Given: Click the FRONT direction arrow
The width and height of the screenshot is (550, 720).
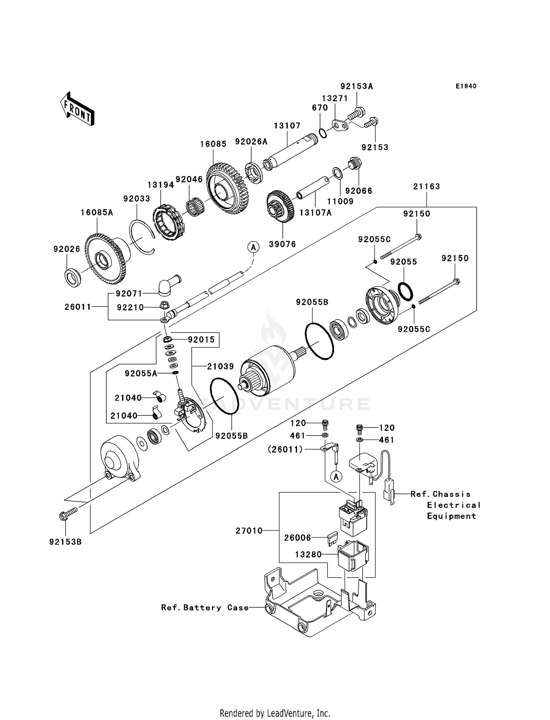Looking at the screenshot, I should pos(77,109).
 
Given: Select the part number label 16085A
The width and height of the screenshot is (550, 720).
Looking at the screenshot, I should pos(97,212).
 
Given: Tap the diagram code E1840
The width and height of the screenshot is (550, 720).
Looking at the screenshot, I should pos(466,86).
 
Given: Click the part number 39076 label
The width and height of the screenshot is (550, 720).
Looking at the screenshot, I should pos(282,244).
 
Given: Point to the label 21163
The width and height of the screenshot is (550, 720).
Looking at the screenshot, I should pos(426,186).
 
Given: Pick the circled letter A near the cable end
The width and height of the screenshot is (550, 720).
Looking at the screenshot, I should pos(253,247).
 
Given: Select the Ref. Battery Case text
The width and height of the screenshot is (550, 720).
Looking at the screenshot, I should pos(205,608).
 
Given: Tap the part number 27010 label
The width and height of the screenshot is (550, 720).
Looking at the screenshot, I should pos(249,531).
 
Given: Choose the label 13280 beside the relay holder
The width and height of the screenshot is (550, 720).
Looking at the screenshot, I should pos(308,554).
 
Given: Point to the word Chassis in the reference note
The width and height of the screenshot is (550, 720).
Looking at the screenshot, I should pos(451,494).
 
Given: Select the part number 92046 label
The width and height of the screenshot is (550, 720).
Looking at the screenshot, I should pos(189,179).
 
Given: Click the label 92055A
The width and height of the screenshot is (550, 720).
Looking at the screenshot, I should pos(141,374).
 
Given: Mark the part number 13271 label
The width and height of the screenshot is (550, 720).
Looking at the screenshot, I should pos(335,98).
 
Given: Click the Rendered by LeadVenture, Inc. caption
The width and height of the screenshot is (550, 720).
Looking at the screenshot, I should pos(275,713).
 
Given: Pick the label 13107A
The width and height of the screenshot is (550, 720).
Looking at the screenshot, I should pos(315,212).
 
